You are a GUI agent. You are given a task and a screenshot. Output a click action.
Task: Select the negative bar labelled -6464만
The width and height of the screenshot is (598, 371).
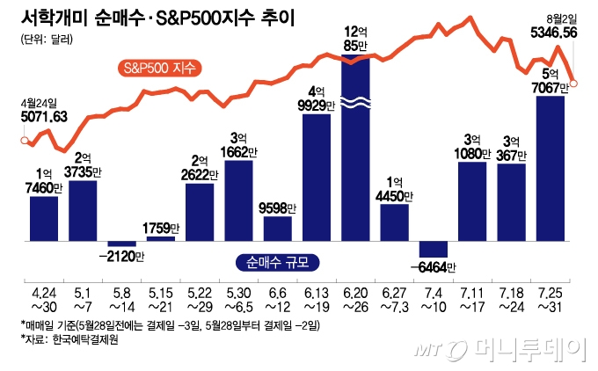[433, 248]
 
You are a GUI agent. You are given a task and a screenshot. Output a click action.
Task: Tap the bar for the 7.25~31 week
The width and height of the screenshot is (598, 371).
[550, 167]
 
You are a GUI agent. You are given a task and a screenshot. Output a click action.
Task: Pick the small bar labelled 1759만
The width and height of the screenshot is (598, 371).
[160, 238]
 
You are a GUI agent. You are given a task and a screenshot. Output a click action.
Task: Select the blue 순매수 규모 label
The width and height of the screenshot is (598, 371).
[278, 260]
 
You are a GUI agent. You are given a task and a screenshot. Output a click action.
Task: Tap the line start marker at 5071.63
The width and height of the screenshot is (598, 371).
[24, 138]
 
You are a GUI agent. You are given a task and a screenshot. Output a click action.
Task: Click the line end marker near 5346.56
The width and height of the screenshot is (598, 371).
[574, 84]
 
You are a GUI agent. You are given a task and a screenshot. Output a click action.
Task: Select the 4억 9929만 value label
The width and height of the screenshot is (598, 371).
[317, 98]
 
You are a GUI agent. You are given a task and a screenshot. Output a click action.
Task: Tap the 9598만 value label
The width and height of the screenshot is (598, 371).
[278, 207]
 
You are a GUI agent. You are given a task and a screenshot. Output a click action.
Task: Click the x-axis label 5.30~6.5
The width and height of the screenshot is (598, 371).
[239, 297]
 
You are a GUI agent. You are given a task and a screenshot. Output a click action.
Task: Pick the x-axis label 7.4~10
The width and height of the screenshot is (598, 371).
[434, 297]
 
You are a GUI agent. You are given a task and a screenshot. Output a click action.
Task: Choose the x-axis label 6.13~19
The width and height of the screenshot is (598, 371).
[317, 297]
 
